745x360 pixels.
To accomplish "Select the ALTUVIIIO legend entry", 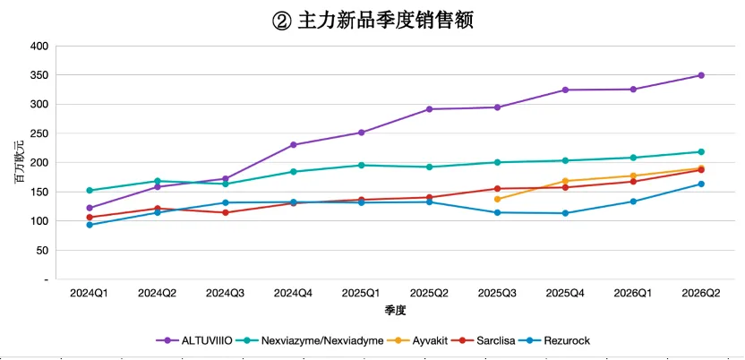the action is click(x=194, y=340).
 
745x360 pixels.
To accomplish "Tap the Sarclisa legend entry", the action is click(x=484, y=340).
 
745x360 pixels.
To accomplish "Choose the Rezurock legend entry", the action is click(x=554, y=340).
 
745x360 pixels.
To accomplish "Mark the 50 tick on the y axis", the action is click(x=43, y=250).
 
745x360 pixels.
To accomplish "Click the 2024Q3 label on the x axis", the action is click(x=226, y=294).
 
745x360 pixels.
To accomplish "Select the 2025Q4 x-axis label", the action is click(x=565, y=294).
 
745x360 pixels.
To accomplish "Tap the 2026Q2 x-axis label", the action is click(x=701, y=294).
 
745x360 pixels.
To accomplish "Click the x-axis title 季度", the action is click(x=395, y=311).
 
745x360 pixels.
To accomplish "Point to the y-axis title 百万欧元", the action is click(x=18, y=162).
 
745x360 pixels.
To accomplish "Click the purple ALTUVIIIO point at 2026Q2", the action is click(x=701, y=75).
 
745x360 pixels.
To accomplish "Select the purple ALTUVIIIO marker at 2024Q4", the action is click(x=293, y=144).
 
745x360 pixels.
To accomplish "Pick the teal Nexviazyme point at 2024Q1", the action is click(x=90, y=191).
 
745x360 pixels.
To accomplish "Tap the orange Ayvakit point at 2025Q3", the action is click(x=497, y=199).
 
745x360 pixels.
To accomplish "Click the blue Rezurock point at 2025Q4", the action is click(x=565, y=213).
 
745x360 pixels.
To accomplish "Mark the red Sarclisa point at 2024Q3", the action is click(x=226, y=212).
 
